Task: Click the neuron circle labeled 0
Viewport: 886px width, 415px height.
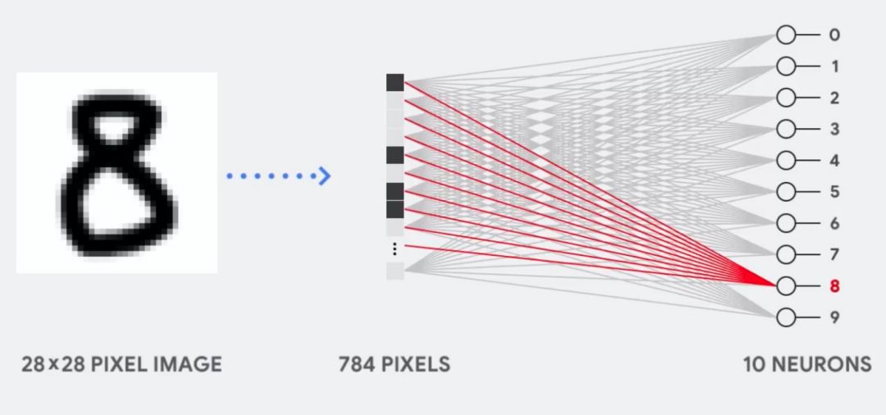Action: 786,35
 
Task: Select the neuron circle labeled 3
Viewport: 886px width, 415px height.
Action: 786,130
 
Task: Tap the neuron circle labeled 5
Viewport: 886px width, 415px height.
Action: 786,192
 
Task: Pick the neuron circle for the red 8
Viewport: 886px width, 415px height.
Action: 786,286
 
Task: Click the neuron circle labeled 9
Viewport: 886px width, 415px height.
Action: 786,317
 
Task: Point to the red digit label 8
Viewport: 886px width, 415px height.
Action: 834,286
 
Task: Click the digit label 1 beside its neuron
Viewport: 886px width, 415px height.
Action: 834,66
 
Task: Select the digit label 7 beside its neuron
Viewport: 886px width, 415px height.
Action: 834,255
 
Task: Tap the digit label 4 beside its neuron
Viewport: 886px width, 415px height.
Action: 834,161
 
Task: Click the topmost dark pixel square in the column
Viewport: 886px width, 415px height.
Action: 395,82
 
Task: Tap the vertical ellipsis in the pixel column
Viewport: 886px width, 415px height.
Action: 395,249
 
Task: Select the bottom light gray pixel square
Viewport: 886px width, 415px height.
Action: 395,271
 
